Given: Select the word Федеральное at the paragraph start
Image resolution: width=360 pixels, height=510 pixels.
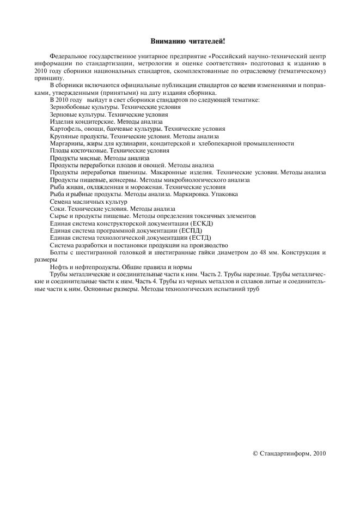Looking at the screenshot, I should pyautogui.click(x=68, y=56).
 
